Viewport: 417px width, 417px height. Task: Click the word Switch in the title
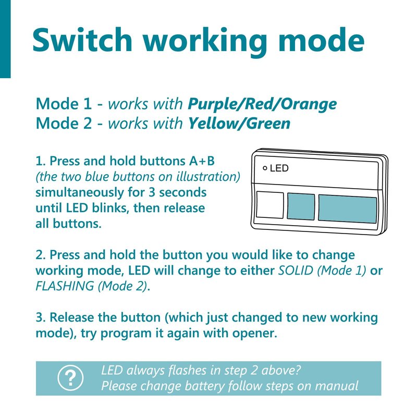click(x=82, y=40)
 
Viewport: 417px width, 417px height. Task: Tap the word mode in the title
click(x=321, y=40)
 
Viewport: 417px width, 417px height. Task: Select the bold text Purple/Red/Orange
click(x=262, y=104)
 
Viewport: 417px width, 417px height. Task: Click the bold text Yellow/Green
click(x=239, y=124)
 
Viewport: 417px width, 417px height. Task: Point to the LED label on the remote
click(x=279, y=168)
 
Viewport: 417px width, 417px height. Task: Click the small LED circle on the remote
click(x=265, y=168)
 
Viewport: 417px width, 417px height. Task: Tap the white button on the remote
click(x=269, y=205)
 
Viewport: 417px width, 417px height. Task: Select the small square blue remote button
click(x=301, y=206)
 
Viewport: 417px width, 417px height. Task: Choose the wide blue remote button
click(x=347, y=209)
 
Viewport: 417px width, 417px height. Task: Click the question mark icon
click(x=70, y=378)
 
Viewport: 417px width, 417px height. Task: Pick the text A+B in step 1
click(x=202, y=161)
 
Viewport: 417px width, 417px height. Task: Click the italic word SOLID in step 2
click(x=295, y=271)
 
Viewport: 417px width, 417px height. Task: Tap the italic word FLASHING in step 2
click(x=65, y=286)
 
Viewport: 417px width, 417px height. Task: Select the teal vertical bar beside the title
click(x=5, y=39)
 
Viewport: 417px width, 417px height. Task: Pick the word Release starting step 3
click(x=72, y=317)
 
